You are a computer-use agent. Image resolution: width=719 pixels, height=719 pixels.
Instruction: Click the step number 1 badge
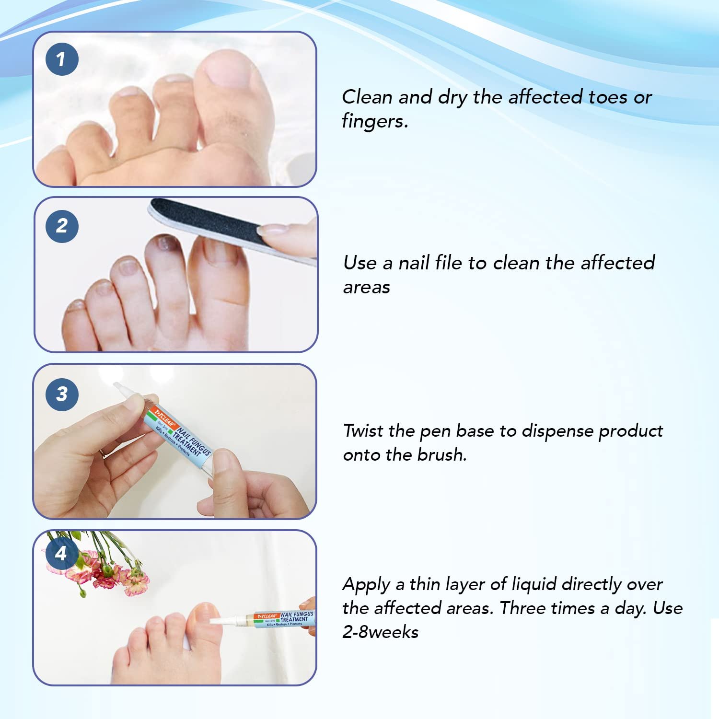(x=62, y=59)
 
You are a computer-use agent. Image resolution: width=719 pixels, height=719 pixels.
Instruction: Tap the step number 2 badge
(x=62, y=226)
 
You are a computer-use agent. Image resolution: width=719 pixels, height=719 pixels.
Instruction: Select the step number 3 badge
(x=62, y=394)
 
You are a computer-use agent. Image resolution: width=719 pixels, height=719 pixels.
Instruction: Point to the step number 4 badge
(x=61, y=554)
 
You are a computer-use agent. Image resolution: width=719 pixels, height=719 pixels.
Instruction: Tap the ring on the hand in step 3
(x=103, y=453)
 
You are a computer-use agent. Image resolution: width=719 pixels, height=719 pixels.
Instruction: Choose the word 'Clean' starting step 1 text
(x=367, y=97)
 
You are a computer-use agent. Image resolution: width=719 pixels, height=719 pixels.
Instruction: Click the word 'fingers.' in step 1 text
(x=375, y=121)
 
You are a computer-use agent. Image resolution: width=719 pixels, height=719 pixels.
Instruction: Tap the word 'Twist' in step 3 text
(x=364, y=430)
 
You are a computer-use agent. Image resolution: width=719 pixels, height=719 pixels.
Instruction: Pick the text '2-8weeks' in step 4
(x=381, y=632)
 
